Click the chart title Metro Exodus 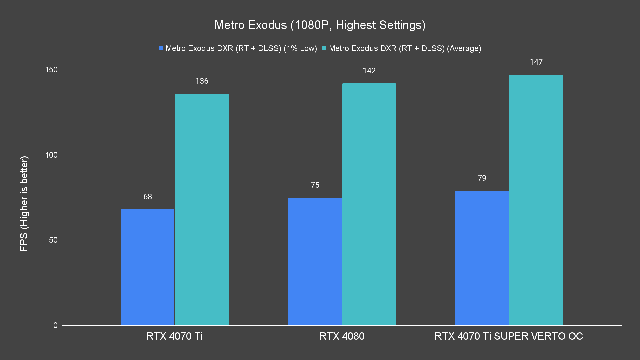(320, 25)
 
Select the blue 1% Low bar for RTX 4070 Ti (147, 267)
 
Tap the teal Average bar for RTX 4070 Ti (202, 209)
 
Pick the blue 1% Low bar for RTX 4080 (315, 261)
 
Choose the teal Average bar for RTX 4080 (369, 204)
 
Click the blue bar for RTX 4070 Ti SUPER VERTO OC (482, 258)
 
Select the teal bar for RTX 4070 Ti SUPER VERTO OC (536, 200)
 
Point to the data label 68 (148, 197)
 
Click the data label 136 (202, 81)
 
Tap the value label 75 (315, 185)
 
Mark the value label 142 (369, 71)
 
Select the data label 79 (482, 178)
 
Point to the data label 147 (536, 62)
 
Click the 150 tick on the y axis (51, 70)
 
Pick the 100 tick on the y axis (51, 155)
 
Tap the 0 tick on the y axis (55, 325)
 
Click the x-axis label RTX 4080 (342, 336)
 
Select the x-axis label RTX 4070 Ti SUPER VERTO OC (509, 336)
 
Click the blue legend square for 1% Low (161, 48)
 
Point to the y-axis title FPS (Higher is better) (24, 203)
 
